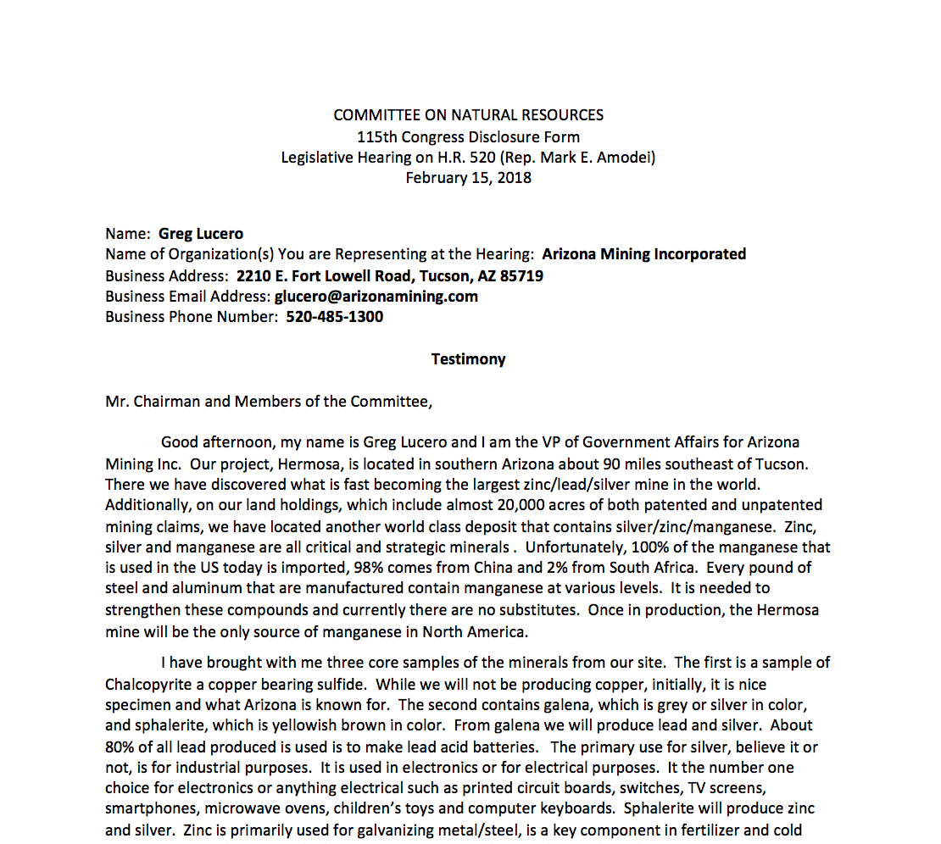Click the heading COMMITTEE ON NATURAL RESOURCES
pos(468,115)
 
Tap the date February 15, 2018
pos(468,177)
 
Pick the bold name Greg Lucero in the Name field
pos(201,233)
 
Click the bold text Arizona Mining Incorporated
pos(644,253)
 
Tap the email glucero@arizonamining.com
pos(376,296)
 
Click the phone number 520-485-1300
pos(335,316)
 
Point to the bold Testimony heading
pos(468,358)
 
